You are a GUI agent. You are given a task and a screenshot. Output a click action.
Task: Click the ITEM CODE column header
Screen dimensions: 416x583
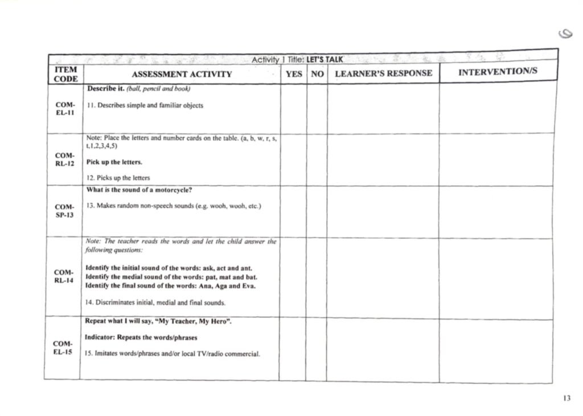point(65,74)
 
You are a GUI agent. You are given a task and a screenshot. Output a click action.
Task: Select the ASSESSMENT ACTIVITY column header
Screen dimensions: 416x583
point(182,74)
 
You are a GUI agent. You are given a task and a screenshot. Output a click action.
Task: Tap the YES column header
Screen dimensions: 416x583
point(294,74)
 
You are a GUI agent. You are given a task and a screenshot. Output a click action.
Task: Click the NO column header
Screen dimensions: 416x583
point(317,74)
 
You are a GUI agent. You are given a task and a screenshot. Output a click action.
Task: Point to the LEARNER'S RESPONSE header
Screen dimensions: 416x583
point(383,73)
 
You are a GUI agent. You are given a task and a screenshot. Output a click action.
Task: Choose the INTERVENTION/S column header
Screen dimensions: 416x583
point(498,72)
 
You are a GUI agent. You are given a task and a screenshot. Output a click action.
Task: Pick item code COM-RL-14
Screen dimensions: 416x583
point(64,277)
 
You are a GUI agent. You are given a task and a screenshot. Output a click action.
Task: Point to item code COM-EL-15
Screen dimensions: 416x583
point(63,348)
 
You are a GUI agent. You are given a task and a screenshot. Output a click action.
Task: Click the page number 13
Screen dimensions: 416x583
point(566,398)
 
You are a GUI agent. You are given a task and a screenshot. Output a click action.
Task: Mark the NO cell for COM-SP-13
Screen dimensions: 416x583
point(317,211)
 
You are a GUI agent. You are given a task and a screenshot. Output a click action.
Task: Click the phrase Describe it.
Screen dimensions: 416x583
point(101,89)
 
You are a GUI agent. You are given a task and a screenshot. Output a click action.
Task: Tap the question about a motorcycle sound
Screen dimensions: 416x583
point(139,190)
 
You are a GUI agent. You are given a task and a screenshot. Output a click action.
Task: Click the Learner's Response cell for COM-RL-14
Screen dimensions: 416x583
point(383,277)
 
